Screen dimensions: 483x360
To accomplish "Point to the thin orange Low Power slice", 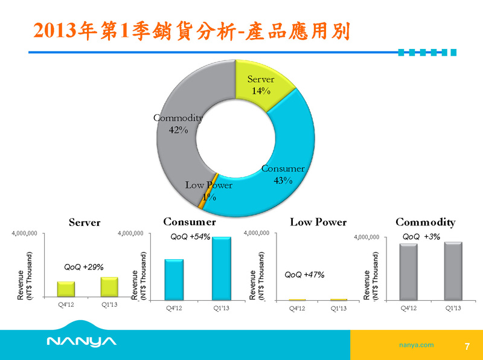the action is click(208, 191).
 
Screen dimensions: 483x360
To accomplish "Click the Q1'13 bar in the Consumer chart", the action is click(222, 268).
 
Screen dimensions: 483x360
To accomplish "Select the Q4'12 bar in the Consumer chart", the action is click(174, 280).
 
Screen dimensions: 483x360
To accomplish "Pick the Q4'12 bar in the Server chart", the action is click(66, 289).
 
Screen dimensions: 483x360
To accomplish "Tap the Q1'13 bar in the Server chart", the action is click(109, 287).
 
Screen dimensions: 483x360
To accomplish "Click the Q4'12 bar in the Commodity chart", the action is click(409, 272).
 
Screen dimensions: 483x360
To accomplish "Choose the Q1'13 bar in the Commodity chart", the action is click(453, 271).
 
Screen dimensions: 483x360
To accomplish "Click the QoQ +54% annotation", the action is click(190, 237).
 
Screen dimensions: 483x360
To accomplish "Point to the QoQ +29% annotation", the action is click(84, 267).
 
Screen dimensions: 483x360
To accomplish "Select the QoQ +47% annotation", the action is click(304, 275).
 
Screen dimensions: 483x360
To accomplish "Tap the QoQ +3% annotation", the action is click(421, 237).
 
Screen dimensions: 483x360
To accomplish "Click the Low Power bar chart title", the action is click(318, 222).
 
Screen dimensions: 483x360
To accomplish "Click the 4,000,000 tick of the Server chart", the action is click(24, 233).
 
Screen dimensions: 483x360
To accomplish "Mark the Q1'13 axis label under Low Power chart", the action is click(339, 308).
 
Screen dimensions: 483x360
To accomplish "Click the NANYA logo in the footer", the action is click(82, 341).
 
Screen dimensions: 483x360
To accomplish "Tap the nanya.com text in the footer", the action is click(416, 345).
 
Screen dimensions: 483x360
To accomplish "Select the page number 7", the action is click(467, 347).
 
